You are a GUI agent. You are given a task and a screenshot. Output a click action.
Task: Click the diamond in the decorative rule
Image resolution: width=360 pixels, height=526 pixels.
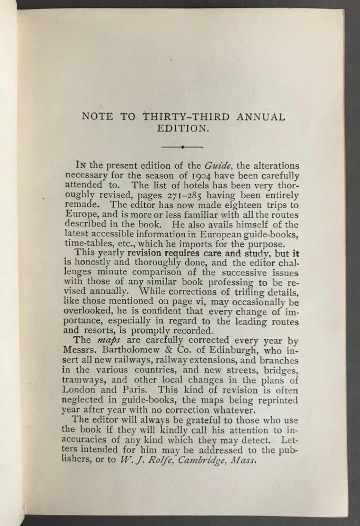point(182,147)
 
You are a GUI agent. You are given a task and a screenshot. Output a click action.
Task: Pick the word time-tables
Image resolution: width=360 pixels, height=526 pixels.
point(91,245)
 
